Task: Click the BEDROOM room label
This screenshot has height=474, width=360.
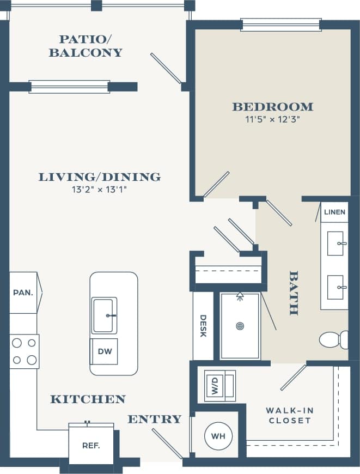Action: click(272, 107)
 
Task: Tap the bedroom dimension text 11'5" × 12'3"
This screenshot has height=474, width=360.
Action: click(272, 119)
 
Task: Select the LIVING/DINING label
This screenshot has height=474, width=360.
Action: click(99, 177)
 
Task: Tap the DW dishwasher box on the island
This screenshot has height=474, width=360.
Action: click(105, 351)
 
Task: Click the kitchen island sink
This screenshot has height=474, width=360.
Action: click(104, 315)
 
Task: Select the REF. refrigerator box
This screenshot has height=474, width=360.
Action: click(90, 445)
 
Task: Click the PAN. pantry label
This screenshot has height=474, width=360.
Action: click(23, 293)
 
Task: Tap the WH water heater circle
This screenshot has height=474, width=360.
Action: click(218, 436)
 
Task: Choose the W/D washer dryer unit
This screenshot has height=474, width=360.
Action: click(215, 386)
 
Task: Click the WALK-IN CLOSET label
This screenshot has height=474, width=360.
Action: click(289, 415)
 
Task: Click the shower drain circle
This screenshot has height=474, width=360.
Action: click(240, 326)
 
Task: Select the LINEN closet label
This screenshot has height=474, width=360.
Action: click(334, 212)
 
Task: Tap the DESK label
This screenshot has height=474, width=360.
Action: click(203, 326)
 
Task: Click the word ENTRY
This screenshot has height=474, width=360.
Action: click(154, 419)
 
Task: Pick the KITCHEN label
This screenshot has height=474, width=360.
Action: click(88, 399)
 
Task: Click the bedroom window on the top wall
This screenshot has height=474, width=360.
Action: click(280, 25)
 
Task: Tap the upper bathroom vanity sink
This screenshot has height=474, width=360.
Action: click(335, 244)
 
